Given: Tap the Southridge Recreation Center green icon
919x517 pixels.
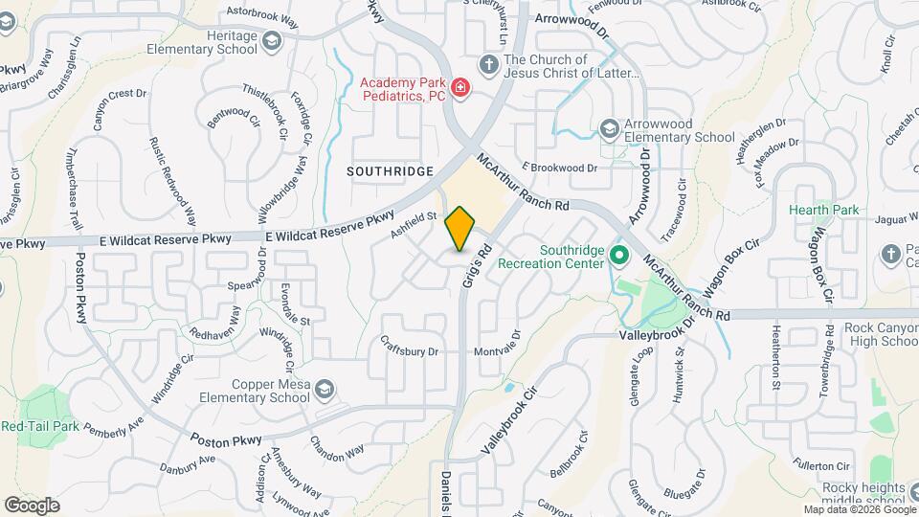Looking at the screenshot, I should click(618, 256).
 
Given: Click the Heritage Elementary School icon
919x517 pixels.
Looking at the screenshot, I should click(273, 42).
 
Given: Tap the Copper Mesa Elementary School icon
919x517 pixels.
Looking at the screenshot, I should click(325, 388).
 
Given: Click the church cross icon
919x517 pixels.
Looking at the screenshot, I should click(488, 64).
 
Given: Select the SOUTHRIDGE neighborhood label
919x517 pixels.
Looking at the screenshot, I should click(391, 170).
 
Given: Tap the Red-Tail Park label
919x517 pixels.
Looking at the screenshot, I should click(38, 426).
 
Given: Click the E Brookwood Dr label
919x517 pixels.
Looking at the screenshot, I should click(559, 168).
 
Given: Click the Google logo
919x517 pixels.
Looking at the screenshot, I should click(32, 505).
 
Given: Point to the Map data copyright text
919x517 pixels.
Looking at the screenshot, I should click(858, 509).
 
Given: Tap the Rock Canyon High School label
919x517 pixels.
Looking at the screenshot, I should click(881, 334).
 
